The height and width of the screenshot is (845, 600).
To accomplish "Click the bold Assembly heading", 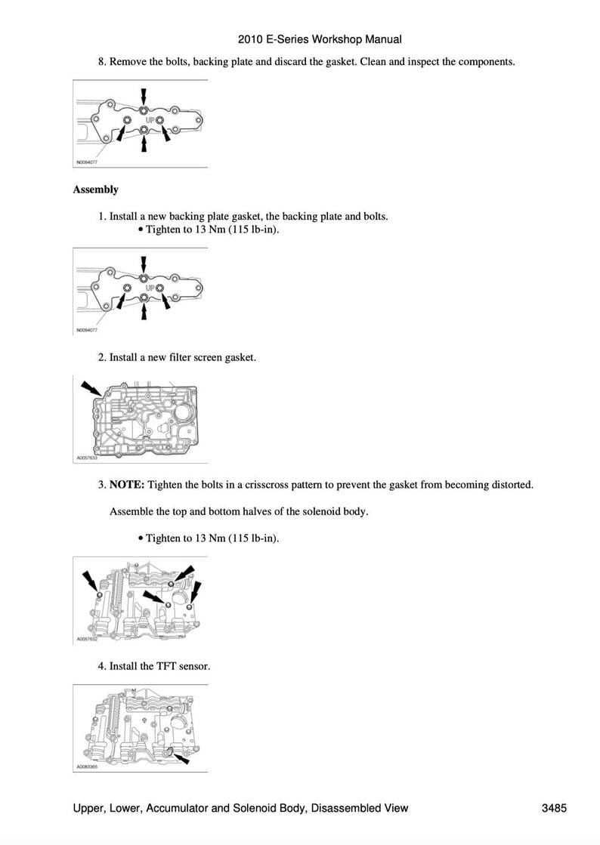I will click(x=95, y=190).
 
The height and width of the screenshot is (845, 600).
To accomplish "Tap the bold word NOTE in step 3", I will click(x=127, y=485).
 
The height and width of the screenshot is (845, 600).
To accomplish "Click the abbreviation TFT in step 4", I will click(x=165, y=666).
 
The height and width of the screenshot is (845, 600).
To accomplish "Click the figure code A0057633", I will click(x=88, y=458).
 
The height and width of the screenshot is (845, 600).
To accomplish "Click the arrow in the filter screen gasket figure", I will click(x=91, y=389).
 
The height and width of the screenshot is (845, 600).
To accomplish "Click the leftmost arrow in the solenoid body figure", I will click(x=91, y=581).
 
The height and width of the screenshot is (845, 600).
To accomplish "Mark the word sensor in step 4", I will click(x=194, y=666).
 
